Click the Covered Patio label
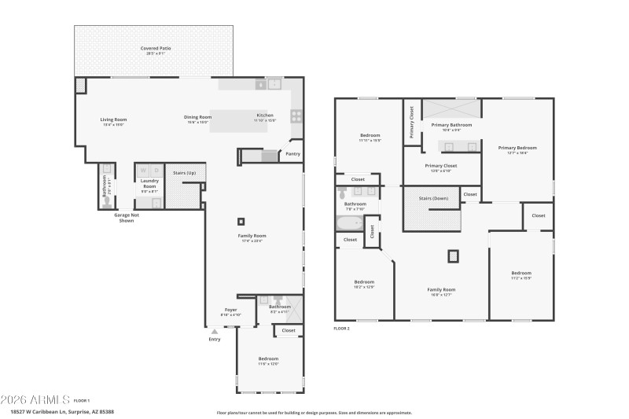[156, 49]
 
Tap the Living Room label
[113, 119]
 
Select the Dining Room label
[199, 117]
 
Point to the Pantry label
[292, 154]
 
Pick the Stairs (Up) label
[184, 172]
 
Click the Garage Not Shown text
[126, 218]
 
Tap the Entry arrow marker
[214, 332]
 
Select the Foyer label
[230, 310]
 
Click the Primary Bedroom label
[517, 148]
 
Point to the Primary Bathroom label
[451, 124]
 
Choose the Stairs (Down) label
[433, 198]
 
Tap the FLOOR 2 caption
[341, 328]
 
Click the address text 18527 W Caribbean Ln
[62, 411]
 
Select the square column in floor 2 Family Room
[453, 255]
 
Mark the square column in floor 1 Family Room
[241, 222]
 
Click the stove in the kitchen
[296, 116]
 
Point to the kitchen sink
[274, 83]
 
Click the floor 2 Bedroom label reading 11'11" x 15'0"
[370, 137]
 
